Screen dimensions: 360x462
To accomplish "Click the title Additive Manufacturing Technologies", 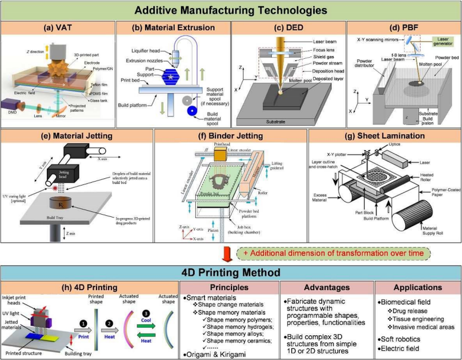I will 230,10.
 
